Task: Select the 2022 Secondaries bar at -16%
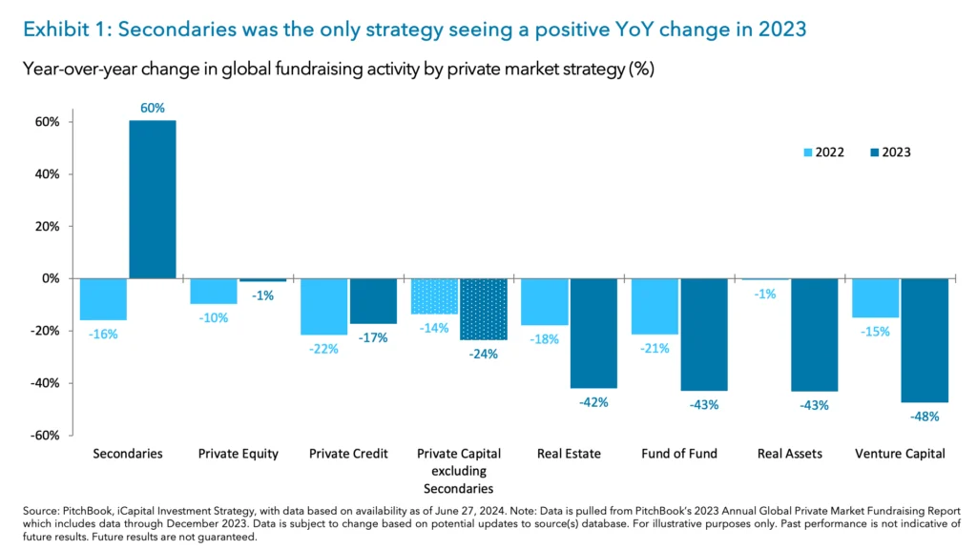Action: (x=103, y=299)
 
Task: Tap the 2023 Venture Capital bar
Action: (x=925, y=340)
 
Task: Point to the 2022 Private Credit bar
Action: (x=323, y=306)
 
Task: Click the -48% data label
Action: (x=925, y=416)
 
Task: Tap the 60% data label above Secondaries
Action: (x=153, y=108)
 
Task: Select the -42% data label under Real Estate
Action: (x=593, y=402)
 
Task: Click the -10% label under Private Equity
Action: (x=214, y=317)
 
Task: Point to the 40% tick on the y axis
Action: (x=49, y=174)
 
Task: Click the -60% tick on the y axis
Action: (x=47, y=436)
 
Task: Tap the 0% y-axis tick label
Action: (x=51, y=279)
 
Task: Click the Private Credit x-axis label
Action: (x=348, y=454)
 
